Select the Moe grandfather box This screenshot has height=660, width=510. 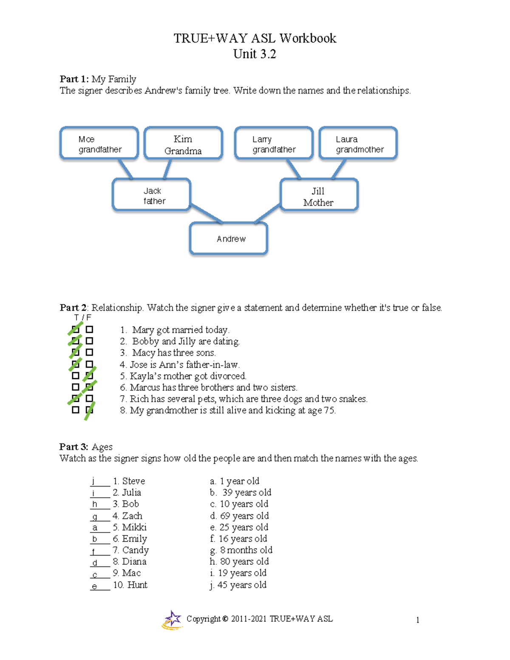point(99,144)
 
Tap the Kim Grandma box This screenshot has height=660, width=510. point(183,144)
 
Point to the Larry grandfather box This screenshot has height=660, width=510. point(274,144)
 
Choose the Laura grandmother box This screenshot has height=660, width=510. point(358,144)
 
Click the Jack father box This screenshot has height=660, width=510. point(152,195)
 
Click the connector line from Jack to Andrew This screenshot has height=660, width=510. point(207,213)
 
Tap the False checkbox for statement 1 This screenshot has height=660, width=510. point(89,329)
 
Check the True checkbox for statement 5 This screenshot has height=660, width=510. point(76,376)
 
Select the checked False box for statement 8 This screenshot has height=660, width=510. point(89,410)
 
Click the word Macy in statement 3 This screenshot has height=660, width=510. point(144,353)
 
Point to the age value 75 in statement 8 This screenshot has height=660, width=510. point(329,411)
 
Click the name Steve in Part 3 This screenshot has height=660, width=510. point(133,481)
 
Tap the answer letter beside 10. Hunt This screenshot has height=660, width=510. point(94,586)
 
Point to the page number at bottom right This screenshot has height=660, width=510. point(418,620)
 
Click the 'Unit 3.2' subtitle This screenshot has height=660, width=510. point(255,54)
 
